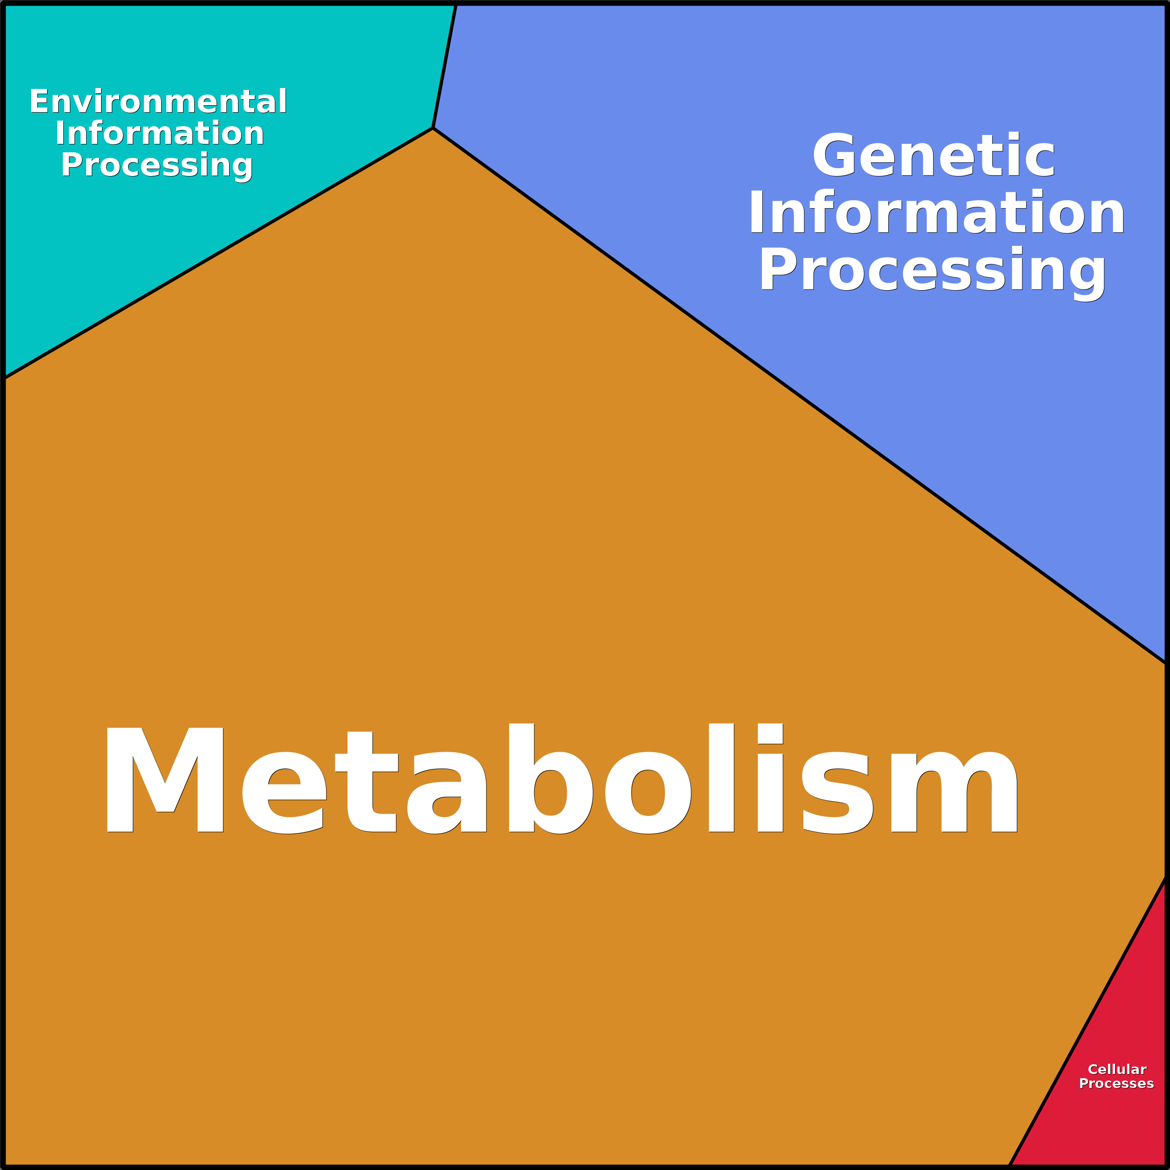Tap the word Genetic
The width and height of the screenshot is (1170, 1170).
[933, 156]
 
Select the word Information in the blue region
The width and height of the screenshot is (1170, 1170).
[936, 212]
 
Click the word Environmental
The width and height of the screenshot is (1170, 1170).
[158, 101]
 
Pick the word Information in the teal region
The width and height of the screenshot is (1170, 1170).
[160, 133]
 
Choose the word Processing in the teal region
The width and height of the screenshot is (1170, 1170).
[157, 166]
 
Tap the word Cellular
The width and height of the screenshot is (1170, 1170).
[1117, 1069]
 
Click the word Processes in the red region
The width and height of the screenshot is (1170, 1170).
[1116, 1083]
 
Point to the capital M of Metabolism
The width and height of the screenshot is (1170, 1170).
[165, 780]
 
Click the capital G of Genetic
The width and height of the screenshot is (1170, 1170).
[835, 156]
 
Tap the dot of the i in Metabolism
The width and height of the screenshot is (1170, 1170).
[770, 734]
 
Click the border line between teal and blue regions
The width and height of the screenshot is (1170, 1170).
[444, 65]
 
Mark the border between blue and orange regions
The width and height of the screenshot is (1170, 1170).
[799, 395]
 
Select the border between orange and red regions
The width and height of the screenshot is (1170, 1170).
[1088, 1021]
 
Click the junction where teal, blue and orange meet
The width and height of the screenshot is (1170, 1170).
[432, 128]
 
